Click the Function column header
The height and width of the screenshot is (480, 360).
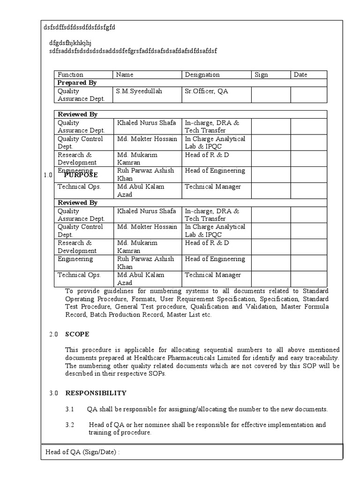coord(70,75)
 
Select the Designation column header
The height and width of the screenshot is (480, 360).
coord(202,75)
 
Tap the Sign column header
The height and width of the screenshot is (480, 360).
coord(261,75)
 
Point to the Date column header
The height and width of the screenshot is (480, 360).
coord(300,75)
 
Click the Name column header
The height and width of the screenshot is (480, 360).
coord(125,75)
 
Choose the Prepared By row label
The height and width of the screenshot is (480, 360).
coord(77,82)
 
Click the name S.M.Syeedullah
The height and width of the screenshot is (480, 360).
coord(139,91)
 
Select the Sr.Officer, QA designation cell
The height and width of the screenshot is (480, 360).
coord(206,91)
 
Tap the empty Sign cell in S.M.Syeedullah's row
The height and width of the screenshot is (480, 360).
coord(270,95)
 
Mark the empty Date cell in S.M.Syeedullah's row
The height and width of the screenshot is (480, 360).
coord(308,95)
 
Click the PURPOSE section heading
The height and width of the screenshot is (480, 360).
coord(81,175)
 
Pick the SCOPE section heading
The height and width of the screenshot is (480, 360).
coord(77,334)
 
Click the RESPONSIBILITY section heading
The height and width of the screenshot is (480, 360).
coord(96,393)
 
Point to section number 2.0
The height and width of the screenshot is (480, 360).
coord(53,334)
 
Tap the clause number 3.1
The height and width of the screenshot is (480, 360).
coord(70,409)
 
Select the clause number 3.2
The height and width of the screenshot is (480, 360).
coord(70,425)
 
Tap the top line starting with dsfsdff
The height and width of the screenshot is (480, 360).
coord(79,27)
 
